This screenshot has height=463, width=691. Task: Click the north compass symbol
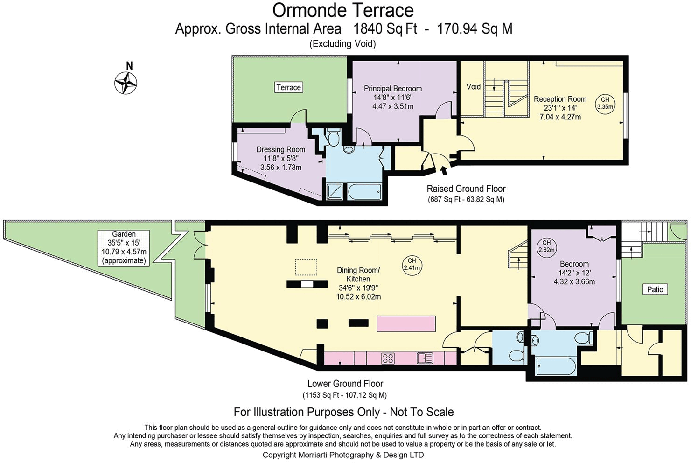tap(126, 84)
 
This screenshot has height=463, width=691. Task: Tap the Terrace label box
tap(288, 87)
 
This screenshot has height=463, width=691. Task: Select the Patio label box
tap(655, 289)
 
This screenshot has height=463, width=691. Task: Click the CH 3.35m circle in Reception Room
tap(605, 103)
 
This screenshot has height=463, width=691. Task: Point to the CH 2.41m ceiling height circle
tap(412, 264)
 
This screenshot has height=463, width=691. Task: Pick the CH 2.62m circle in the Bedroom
tap(546, 246)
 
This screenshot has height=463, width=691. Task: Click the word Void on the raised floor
tap(473, 87)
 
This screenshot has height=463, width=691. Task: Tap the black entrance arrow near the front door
tap(443, 170)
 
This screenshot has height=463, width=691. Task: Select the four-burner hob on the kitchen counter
tap(388, 358)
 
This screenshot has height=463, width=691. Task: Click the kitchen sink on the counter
tap(425, 358)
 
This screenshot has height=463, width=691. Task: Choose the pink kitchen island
tap(406, 323)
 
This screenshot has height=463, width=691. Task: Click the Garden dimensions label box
tap(124, 247)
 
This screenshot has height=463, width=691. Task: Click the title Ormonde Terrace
tap(343, 10)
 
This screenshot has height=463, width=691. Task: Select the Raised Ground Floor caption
tap(466, 189)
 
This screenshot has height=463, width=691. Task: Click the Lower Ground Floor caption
tap(345, 384)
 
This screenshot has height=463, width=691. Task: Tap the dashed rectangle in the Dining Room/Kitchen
tap(306, 267)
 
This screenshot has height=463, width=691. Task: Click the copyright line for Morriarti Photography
tap(343, 455)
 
